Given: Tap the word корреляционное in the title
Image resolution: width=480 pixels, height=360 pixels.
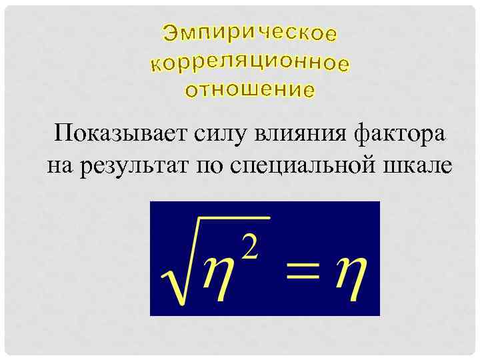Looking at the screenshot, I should click(x=250, y=63).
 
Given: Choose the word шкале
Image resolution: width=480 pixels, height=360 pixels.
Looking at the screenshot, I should click(x=419, y=165).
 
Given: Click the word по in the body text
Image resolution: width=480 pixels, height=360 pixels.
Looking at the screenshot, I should click(x=208, y=165).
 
